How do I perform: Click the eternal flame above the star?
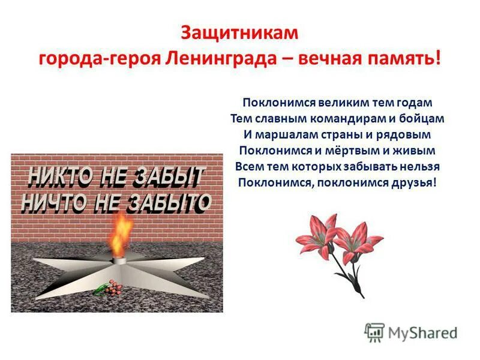click(122, 231)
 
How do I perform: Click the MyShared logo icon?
click(375, 332)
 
